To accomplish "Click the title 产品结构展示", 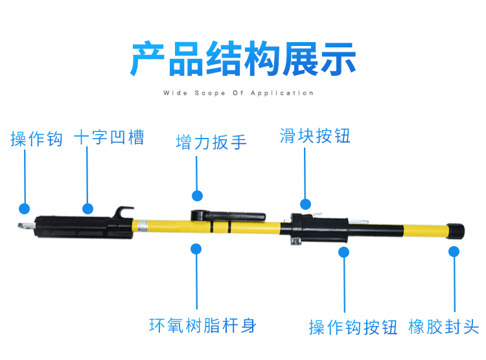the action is (243, 58).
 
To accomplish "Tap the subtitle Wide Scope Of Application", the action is (238, 93).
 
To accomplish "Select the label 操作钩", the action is (36, 139).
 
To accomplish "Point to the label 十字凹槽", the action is (109, 137).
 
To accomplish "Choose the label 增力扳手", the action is (211, 142).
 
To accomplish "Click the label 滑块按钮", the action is (315, 136).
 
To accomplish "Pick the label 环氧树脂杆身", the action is (203, 326).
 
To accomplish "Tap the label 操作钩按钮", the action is (353, 327).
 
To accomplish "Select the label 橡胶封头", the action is (443, 326).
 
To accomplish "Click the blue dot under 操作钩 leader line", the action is (24, 208).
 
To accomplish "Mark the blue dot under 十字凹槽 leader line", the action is (87, 208).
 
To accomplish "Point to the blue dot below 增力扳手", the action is (197, 196).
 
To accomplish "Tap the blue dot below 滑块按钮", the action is (305, 204).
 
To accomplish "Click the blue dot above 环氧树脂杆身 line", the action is (196, 249).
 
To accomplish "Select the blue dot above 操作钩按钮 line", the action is (343, 252).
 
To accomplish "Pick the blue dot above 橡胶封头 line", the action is (454, 252).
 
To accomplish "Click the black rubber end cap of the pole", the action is (456, 231).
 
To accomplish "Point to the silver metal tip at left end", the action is (26, 226).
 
